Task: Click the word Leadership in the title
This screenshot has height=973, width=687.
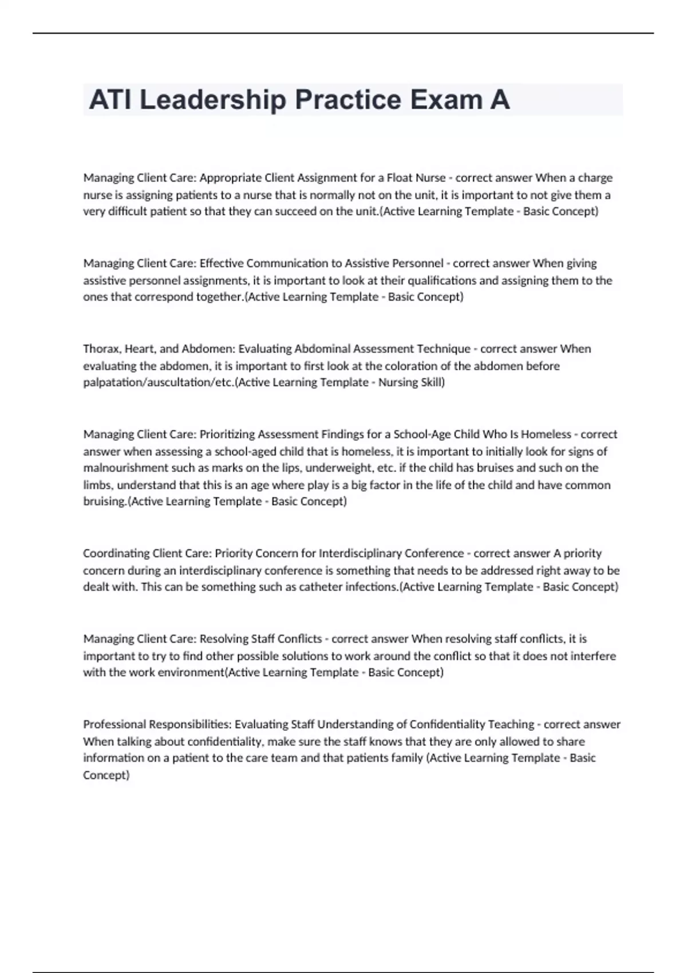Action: point(212,100)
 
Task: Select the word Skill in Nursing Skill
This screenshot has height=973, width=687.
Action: point(432,382)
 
